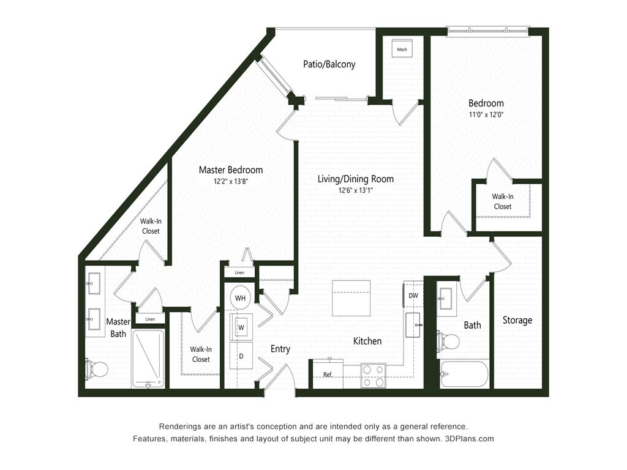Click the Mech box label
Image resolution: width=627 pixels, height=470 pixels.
tap(402, 50)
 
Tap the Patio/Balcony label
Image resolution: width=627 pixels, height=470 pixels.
tap(329, 64)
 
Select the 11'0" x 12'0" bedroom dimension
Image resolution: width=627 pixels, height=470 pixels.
tap(486, 114)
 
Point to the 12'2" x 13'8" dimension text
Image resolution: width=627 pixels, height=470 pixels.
tap(231, 182)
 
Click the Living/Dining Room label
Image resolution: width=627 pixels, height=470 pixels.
tap(356, 179)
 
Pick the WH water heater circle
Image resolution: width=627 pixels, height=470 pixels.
tap(241, 298)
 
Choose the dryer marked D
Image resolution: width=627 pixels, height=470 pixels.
tap(241, 356)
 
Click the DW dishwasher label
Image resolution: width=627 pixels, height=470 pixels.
tap(413, 296)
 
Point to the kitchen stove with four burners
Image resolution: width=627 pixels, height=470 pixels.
tap(373, 375)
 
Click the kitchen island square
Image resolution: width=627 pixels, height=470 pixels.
tap(351, 298)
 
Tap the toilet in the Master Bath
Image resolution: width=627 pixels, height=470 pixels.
tap(97, 369)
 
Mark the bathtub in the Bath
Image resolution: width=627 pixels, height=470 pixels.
tap(464, 373)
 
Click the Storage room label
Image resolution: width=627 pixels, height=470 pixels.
tap(517, 320)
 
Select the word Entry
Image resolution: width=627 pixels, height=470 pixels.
tap(280, 349)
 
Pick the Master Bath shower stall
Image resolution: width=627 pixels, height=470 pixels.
tap(148, 359)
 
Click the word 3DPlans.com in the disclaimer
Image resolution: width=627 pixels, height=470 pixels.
tap(469, 439)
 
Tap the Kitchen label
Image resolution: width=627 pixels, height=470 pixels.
tap(367, 341)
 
